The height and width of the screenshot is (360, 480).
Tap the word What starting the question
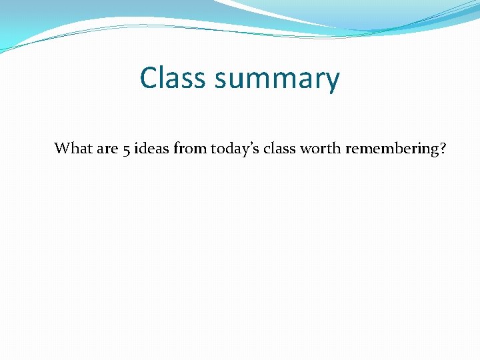point(73,148)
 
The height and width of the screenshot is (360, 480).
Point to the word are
point(107,149)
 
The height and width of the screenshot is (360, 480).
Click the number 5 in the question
point(127,149)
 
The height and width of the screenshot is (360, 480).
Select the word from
point(190,148)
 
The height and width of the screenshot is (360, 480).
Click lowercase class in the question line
point(279,148)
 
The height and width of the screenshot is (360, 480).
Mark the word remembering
point(391,149)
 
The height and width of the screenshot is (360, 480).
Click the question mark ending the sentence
point(443,148)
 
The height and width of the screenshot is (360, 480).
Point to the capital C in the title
point(149,78)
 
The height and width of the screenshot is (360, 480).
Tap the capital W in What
point(61,148)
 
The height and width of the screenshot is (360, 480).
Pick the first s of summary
point(221,81)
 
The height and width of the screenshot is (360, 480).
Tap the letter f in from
point(176,147)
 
